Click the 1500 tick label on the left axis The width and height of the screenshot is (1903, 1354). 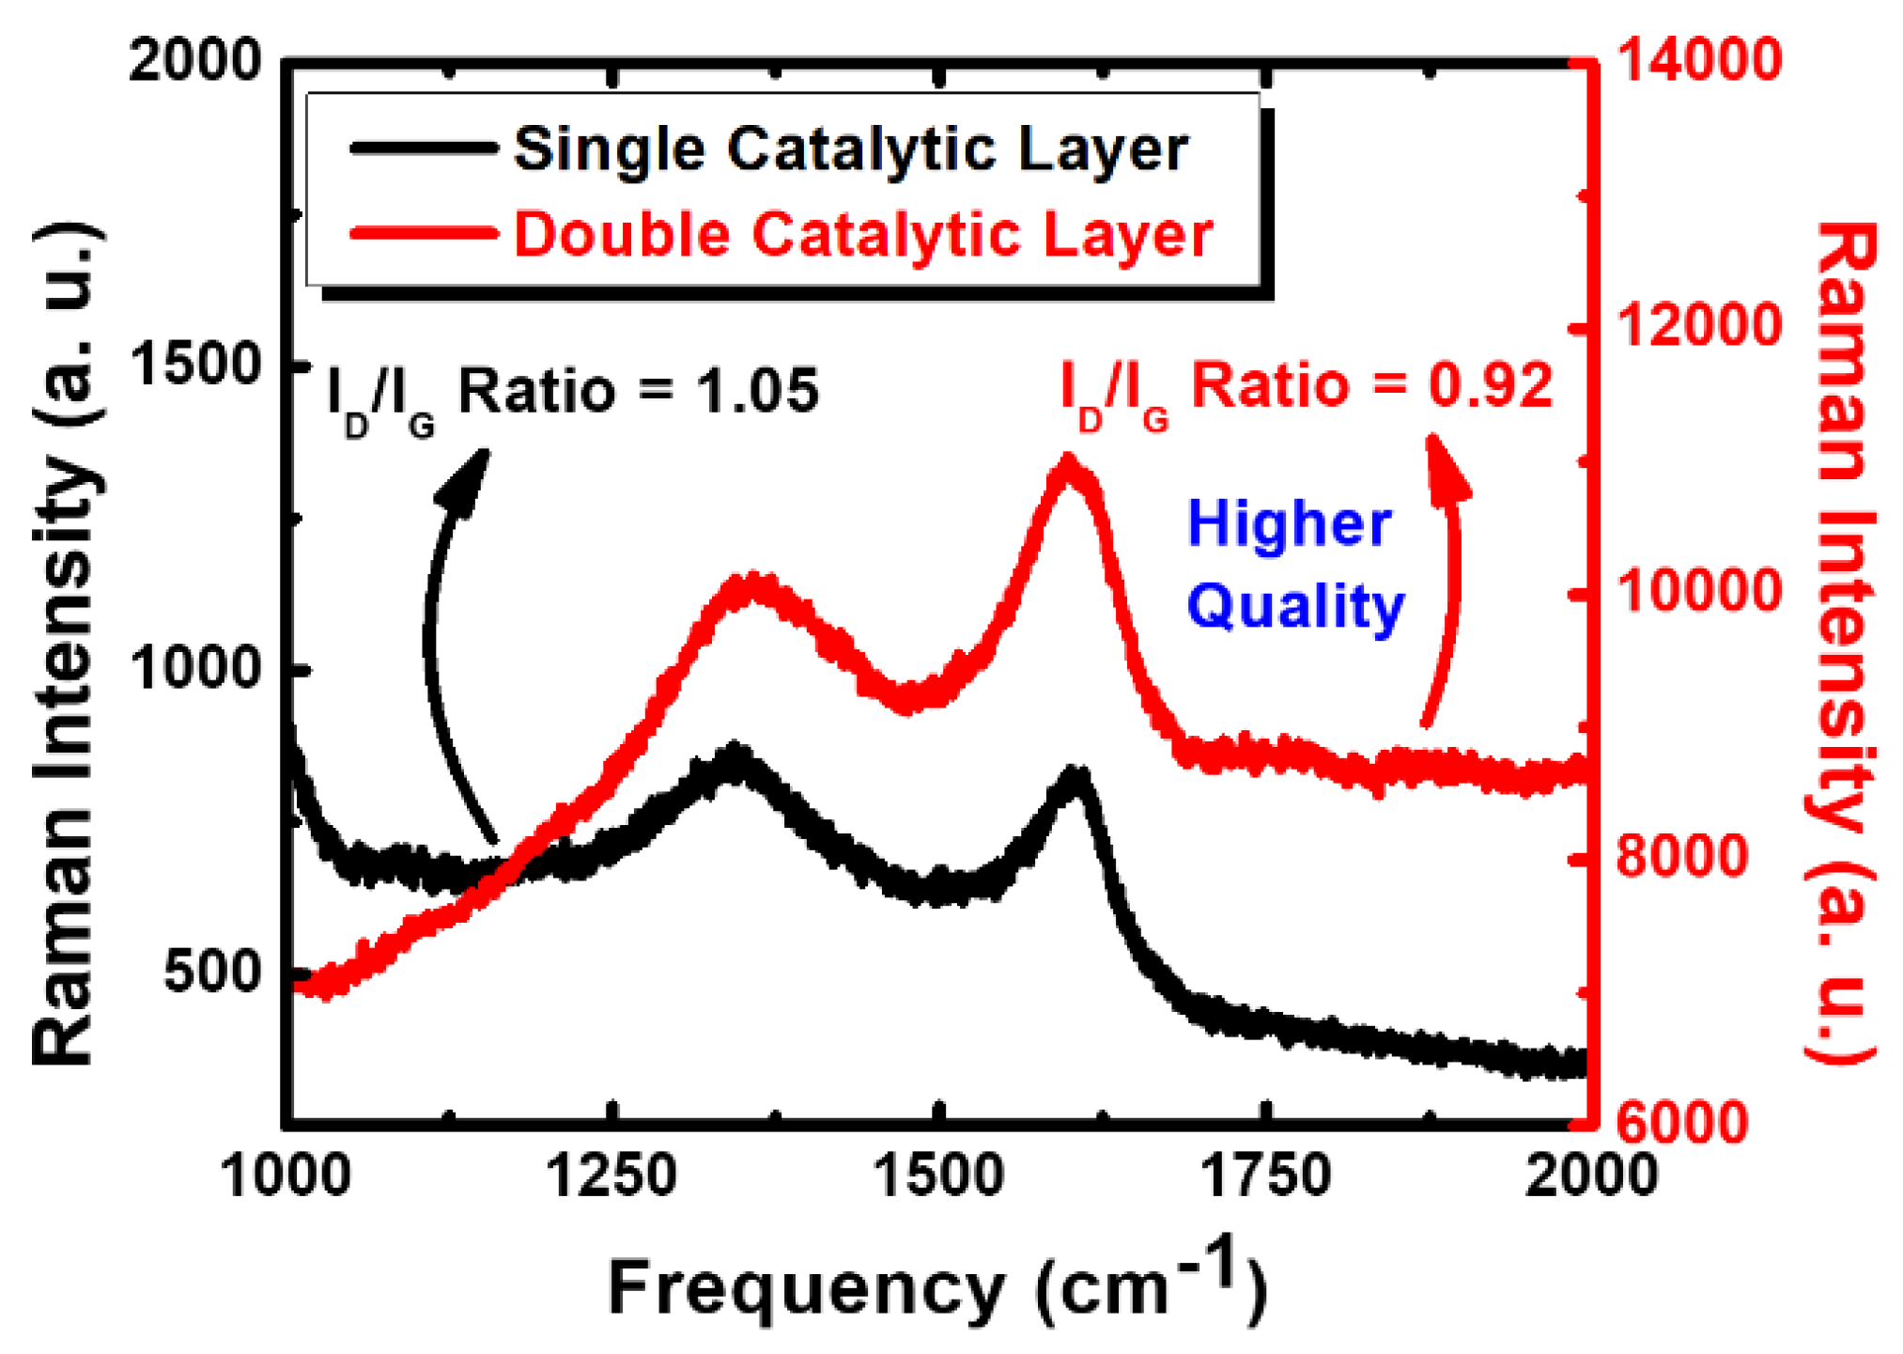(194, 365)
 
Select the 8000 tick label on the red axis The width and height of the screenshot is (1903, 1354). (1681, 856)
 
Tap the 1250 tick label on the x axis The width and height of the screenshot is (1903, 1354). (611, 1176)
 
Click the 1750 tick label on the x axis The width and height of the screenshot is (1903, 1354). (1266, 1176)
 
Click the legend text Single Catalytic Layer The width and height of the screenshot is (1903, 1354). (851, 149)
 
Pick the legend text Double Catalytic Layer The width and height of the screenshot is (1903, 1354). (863, 234)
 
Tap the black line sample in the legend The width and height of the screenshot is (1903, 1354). (423, 148)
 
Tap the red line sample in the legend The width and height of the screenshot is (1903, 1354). (423, 233)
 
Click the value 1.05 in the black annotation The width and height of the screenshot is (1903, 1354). (757, 391)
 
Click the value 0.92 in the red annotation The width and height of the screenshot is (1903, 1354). (1491, 385)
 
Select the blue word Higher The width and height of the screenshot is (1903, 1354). (1289, 523)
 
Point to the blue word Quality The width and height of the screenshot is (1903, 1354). (1295, 607)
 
